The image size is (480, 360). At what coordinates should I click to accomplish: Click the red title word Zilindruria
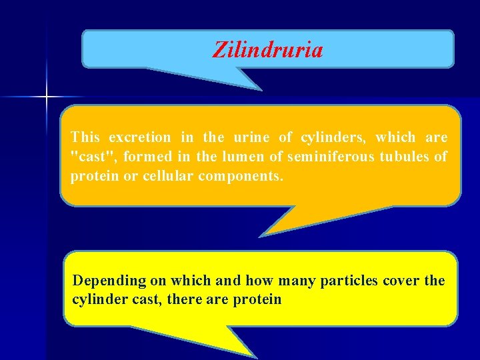click(x=267, y=49)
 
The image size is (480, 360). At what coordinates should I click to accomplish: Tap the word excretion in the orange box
click(x=139, y=138)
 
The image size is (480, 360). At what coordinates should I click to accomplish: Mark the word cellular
click(x=167, y=177)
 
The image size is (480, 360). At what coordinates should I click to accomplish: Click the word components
click(x=241, y=177)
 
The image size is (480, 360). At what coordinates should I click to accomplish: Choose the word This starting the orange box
click(x=85, y=138)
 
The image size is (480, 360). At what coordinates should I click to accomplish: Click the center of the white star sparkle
click(x=47, y=97)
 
